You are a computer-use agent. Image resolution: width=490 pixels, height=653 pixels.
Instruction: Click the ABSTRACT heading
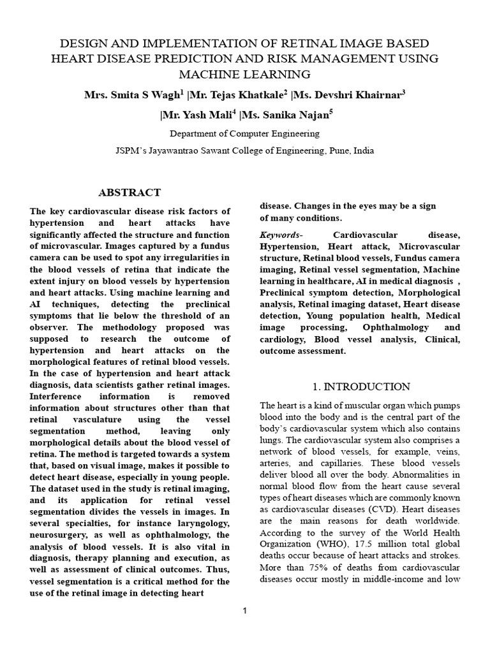coord(129,193)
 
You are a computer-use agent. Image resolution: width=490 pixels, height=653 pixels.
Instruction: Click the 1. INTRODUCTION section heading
coord(360,386)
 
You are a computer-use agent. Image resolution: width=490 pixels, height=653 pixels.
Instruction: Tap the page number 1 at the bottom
coord(244,611)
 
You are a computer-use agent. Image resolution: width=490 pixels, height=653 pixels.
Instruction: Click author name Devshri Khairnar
coord(349,95)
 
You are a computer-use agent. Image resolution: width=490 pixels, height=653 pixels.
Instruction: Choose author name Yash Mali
coord(191,115)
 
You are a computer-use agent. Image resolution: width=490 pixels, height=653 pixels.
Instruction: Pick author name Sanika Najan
coord(285,115)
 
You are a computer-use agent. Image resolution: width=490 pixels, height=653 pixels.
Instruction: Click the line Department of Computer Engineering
coord(244,134)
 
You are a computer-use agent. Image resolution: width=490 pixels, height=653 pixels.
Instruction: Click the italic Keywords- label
coord(280,235)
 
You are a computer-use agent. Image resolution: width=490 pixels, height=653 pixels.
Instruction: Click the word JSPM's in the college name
coord(131,151)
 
